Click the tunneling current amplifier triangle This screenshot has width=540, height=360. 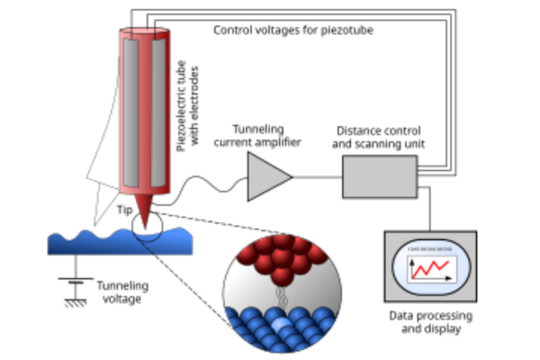click(267, 175)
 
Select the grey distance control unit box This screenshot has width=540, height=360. click(379, 176)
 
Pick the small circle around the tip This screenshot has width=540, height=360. click(146, 225)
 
